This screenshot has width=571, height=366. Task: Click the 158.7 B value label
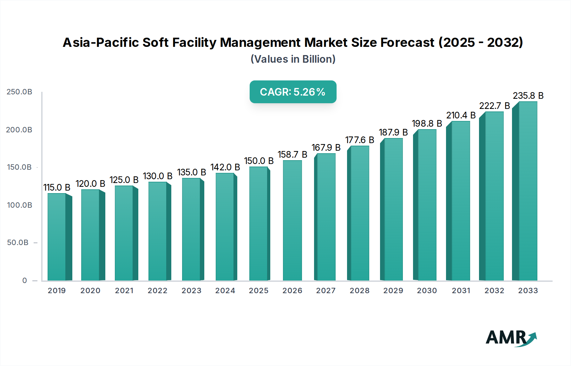click(292, 155)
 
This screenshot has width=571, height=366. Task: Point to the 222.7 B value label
click(494, 106)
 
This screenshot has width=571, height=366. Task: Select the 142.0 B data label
click(225, 167)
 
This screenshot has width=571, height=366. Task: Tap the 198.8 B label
click(427, 123)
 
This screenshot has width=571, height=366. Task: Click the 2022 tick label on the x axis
click(157, 291)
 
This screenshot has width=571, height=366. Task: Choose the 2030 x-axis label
click(427, 291)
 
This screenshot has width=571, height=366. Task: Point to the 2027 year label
click(326, 291)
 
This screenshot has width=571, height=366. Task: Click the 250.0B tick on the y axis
click(19, 92)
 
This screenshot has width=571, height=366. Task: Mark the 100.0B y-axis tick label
click(19, 205)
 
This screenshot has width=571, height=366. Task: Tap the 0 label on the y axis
click(24, 281)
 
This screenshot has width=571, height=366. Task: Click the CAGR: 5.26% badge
click(293, 92)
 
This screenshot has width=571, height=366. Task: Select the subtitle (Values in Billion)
click(293, 59)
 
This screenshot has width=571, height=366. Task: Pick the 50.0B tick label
click(18, 243)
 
